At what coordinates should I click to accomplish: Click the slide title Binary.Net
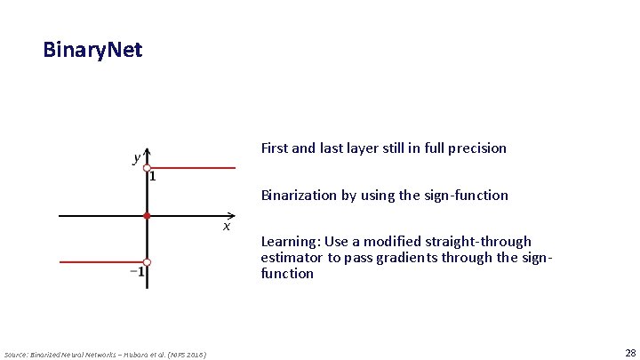92,50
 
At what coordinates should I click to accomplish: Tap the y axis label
136,158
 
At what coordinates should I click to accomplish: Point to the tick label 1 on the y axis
154,177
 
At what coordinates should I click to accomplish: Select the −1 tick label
138,272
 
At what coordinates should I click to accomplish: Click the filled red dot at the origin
148,215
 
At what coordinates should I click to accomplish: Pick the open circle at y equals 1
148,167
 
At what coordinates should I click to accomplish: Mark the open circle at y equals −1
148,262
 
